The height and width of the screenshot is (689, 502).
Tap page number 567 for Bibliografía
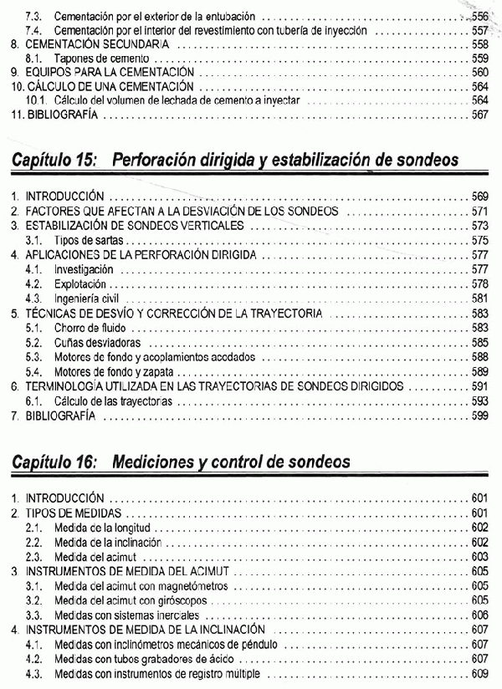click(479, 115)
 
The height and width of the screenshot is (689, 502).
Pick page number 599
click(479, 416)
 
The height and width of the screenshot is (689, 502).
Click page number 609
click(479, 673)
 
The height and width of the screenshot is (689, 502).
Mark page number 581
click(479, 299)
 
